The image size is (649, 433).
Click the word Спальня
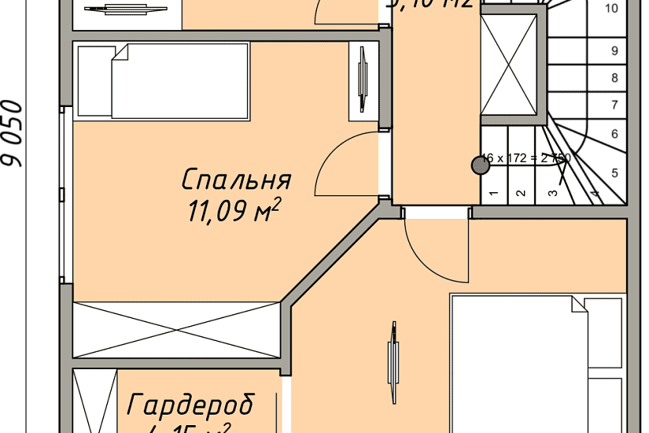[x=236, y=180]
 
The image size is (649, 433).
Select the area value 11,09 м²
[x=234, y=212]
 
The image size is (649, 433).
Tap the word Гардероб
[x=190, y=405]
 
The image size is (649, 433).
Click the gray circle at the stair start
[x=478, y=165]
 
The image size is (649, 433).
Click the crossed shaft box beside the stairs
[x=507, y=64]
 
